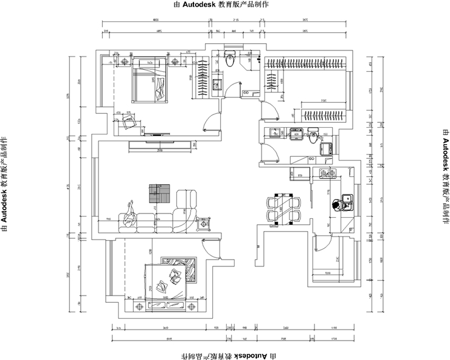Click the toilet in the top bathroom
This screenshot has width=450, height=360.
point(230,60)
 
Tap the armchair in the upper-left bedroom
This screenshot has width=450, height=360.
point(129,123)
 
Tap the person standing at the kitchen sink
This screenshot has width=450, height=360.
point(336,206)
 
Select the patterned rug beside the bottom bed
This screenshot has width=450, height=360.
point(185,269)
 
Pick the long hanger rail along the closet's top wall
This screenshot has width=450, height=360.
point(305,61)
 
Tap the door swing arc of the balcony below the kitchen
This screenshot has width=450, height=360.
point(328,249)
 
